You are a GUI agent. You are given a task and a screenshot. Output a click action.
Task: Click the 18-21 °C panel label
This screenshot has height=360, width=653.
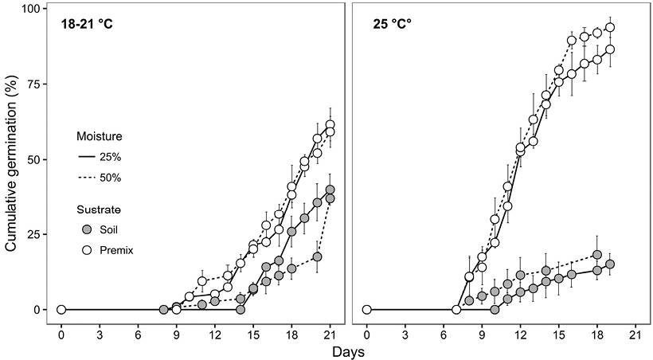87,25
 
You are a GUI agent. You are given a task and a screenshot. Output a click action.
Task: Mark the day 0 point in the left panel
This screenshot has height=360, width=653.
61,310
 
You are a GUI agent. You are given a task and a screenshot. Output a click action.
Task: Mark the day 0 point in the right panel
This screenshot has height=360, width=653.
366,310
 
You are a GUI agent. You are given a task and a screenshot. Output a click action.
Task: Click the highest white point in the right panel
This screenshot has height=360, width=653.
610,27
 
